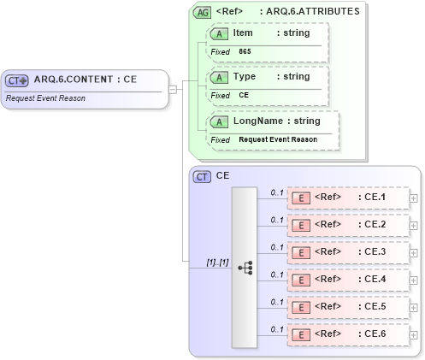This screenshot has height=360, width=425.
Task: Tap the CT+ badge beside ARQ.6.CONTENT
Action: pos(17,80)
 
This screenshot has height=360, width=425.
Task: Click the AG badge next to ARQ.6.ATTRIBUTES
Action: pos(202,12)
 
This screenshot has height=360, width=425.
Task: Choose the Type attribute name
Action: pos(244,76)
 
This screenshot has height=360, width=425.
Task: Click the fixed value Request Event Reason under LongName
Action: pos(277,139)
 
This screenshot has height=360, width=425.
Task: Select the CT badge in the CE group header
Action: pos(202,176)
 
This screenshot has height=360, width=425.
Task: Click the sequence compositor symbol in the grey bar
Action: pos(244,267)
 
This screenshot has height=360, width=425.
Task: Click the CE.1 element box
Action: pos(347,198)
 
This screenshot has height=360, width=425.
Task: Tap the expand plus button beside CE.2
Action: pos(414,226)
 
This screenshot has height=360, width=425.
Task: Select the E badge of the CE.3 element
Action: pos(301,253)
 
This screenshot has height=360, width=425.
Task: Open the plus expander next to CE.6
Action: pos(414,335)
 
